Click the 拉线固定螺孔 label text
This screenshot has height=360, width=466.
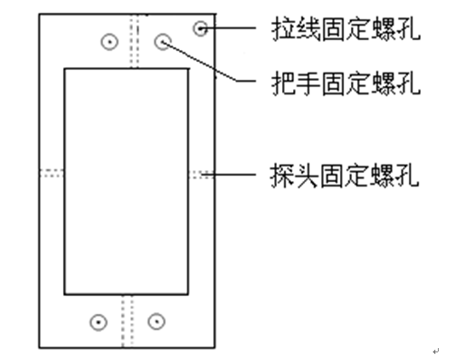(346, 29)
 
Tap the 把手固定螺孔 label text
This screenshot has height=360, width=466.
(346, 83)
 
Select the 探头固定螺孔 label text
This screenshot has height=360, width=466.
(345, 175)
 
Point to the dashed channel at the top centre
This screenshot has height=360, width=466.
(135, 41)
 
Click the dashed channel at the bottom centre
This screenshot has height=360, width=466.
(128, 321)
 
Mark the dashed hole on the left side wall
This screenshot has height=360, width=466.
(52, 173)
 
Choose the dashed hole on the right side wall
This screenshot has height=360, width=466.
(201, 174)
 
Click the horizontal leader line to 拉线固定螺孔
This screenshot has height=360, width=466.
(228, 28)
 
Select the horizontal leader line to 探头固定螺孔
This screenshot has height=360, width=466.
(229, 174)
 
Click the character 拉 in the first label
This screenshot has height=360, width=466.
(284, 29)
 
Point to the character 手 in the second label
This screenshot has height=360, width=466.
(308, 83)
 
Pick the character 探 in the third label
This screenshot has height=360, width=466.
(282, 175)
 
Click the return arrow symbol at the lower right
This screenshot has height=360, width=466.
(435, 351)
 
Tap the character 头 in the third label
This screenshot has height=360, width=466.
(307, 175)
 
